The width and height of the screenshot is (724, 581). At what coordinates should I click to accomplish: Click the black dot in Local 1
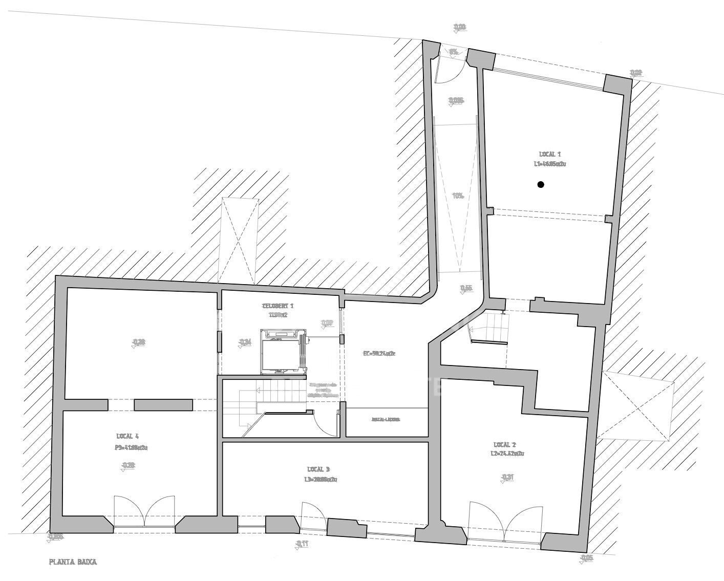540,185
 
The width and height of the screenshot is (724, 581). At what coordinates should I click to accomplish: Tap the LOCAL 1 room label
550,154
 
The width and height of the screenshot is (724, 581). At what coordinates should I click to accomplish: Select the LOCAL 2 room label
504,444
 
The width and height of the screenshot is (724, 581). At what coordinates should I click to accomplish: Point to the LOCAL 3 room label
318,469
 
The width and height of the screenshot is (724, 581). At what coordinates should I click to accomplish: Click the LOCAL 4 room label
127,437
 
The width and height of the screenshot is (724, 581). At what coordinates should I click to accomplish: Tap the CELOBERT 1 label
278,306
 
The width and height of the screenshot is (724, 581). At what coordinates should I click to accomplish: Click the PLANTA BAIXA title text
73,562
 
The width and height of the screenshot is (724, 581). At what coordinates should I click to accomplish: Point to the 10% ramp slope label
458,196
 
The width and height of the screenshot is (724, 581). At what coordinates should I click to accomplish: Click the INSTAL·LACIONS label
386,420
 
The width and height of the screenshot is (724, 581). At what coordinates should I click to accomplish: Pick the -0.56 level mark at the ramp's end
466,288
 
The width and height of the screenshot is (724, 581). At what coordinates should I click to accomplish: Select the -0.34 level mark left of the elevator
245,342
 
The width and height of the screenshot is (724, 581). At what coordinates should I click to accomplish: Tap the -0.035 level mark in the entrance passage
455,101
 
